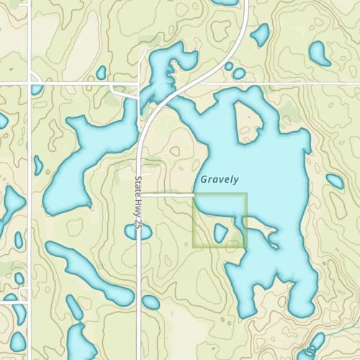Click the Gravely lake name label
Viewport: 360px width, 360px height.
click(219, 178)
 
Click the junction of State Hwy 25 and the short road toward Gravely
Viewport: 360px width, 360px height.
click(142, 194)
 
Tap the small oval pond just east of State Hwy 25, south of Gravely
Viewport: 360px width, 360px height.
click(150, 302)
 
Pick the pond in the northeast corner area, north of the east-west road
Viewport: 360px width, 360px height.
click(318, 51)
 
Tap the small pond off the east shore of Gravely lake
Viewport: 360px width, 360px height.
click(335, 181)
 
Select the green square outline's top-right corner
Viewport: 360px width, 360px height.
click(247, 193)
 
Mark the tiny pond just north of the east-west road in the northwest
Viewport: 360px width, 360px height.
click(102, 73)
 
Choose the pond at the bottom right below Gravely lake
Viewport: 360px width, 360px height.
click(315, 341)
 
